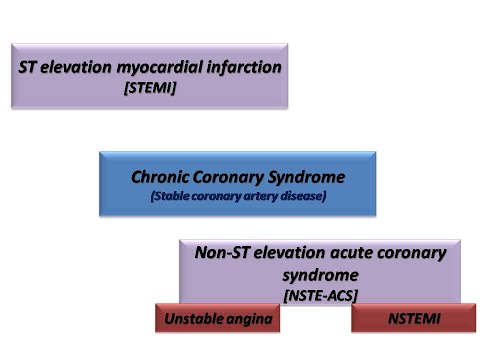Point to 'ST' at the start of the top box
coord(30,68)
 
